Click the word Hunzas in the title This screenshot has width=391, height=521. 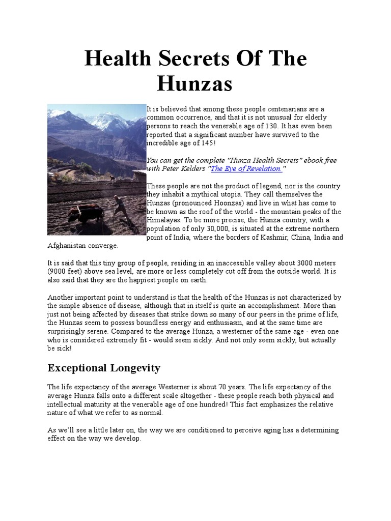click(194, 83)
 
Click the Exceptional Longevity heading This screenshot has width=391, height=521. click(104, 368)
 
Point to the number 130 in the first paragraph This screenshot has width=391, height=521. click(276, 126)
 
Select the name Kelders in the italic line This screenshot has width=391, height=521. click(189, 168)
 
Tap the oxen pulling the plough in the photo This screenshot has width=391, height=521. click(85, 212)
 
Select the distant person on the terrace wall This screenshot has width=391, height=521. click(111, 178)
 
